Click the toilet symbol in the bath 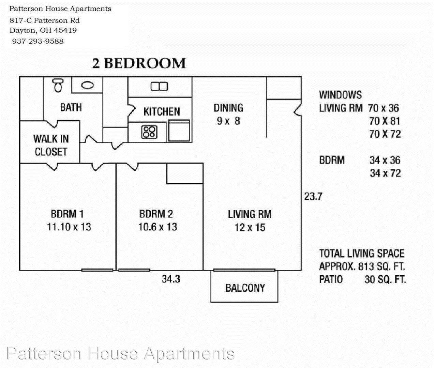coord(58,86)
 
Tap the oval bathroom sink coord(87,85)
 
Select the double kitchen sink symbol coord(159,87)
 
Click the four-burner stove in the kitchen coord(149,132)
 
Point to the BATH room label coord(71,107)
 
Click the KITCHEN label coord(162,111)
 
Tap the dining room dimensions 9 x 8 coord(228,121)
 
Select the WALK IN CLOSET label coord(51,145)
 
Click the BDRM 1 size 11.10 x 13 coord(69,227)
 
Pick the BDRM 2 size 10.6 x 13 coord(158,227)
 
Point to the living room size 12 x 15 coord(250,228)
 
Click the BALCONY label coord(245,288)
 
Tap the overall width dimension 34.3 coord(171,279)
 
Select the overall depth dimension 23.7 coord(313,197)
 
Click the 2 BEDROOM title coord(139,63)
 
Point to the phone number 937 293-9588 coord(38,41)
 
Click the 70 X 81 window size coord(385,121)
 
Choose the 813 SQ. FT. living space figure coord(381,266)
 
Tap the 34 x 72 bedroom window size coord(385,173)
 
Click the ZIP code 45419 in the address coord(65,30)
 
